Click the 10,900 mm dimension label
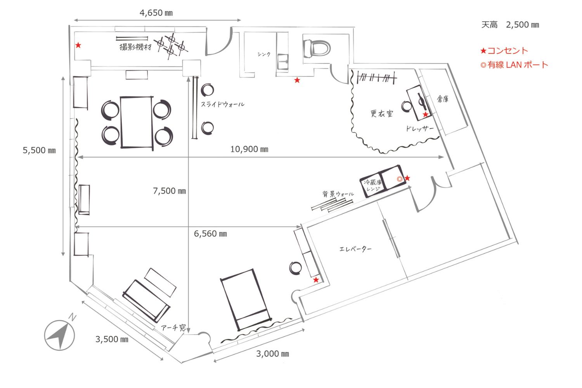click(249, 149)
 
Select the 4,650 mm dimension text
click(156, 13)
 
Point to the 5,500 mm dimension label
click(39, 150)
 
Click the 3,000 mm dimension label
click(272, 354)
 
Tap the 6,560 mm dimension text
click(210, 234)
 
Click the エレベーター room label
click(355, 249)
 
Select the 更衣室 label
click(382, 113)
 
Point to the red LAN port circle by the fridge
click(400, 179)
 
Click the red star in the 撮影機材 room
click(78, 45)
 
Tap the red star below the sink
click(297, 80)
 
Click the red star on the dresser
click(425, 114)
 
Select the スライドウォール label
click(223, 104)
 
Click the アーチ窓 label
click(173, 327)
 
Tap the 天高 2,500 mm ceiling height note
click(510, 25)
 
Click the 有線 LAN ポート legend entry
click(514, 65)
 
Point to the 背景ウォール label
click(338, 194)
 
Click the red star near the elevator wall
click(316, 280)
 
